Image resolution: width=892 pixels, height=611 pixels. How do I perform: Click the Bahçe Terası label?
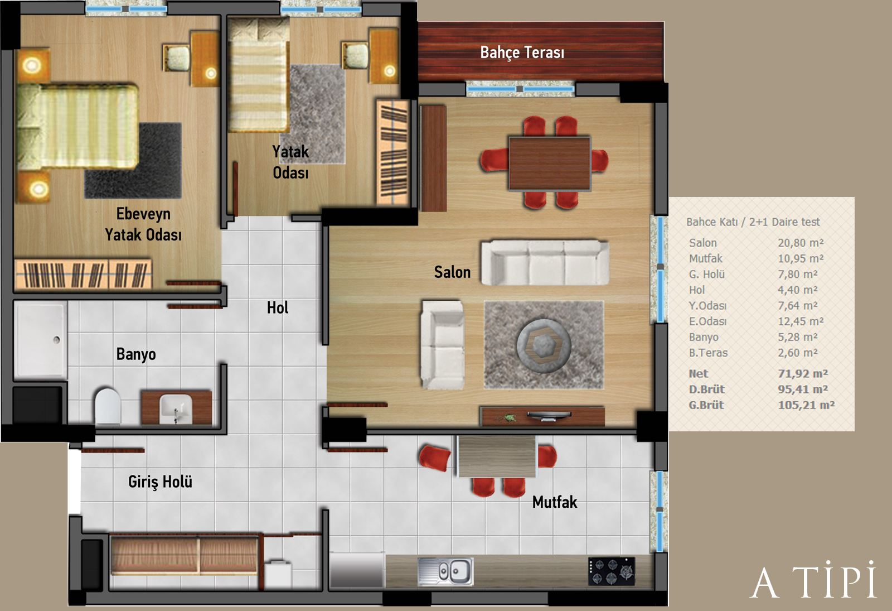click(x=522, y=52)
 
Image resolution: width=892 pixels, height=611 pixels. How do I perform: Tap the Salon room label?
click(x=452, y=272)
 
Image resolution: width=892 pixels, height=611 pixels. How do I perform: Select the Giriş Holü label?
click(x=160, y=482)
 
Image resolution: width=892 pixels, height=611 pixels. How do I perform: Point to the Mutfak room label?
click(x=555, y=502)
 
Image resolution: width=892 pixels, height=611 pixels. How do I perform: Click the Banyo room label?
click(x=136, y=354)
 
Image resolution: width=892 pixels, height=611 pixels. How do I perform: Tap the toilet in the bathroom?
click(x=108, y=405)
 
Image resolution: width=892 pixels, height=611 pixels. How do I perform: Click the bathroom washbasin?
click(x=176, y=408)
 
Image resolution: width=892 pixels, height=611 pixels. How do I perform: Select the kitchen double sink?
click(x=445, y=571)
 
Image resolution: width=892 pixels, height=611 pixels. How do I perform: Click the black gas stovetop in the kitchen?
click(x=612, y=571)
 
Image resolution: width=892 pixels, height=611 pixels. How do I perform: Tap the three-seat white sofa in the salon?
click(x=545, y=263)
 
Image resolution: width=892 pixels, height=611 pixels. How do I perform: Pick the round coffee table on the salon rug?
click(x=544, y=345)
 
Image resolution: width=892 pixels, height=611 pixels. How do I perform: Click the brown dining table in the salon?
click(x=550, y=163)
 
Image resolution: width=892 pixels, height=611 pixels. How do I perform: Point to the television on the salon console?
click(x=549, y=416)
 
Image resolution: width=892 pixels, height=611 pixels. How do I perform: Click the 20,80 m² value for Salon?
click(x=801, y=243)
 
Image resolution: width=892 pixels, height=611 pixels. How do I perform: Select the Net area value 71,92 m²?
click(x=803, y=373)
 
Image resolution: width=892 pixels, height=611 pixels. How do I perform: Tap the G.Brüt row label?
click(x=706, y=405)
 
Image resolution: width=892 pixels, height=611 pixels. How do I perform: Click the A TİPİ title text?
click(x=813, y=580)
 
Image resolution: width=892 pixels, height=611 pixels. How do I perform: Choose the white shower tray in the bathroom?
click(x=41, y=340)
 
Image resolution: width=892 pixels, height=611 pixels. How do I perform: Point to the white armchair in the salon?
click(x=443, y=345)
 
